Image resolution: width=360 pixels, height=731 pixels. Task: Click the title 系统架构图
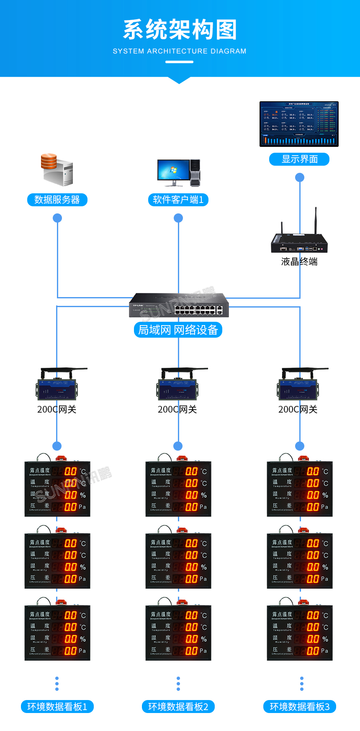[x=180, y=30]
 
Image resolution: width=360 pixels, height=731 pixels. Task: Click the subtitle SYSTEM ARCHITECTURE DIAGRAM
[x=180, y=51]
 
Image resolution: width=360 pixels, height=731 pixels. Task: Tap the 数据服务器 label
[x=57, y=200]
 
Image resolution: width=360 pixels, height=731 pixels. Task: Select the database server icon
[x=57, y=169]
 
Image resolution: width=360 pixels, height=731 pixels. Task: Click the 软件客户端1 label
[x=178, y=200]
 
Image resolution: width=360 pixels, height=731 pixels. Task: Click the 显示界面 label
[x=299, y=159]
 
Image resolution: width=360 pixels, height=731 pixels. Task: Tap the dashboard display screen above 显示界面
[x=299, y=124]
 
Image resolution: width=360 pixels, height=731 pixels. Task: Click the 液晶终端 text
[x=299, y=262]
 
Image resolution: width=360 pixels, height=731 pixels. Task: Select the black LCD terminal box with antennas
[x=299, y=242]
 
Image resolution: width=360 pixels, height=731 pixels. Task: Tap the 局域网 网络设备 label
[x=178, y=330]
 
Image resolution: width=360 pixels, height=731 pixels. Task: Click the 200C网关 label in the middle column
[x=177, y=409]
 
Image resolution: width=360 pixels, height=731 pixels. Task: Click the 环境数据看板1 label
[x=57, y=707]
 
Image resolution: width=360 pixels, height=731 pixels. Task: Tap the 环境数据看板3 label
[x=300, y=707]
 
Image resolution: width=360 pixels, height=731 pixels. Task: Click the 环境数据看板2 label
[x=178, y=707]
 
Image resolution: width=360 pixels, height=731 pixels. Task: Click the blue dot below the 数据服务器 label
[x=57, y=218]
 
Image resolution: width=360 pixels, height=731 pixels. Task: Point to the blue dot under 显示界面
[x=300, y=177]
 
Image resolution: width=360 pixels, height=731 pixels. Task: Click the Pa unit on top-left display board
[x=82, y=507]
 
